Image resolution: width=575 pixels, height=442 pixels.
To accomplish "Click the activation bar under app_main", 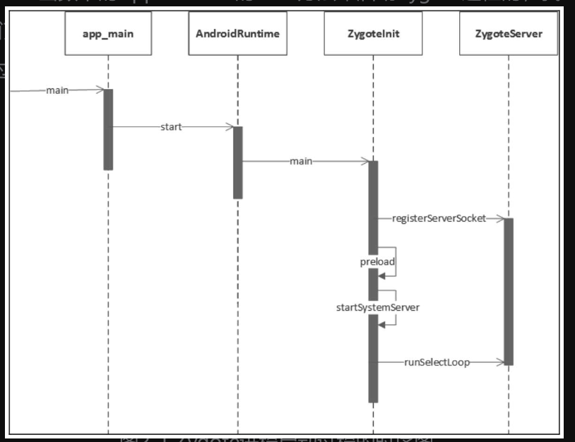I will [x=108, y=129].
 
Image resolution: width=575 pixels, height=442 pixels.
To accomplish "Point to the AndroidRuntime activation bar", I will [x=238, y=162].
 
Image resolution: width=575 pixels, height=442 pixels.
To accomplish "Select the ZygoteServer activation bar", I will [x=509, y=291].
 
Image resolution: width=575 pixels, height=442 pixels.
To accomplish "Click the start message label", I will [x=171, y=127].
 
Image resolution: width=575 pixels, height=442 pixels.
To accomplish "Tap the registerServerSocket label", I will [x=439, y=219].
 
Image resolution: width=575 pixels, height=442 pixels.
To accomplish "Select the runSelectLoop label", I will [x=437, y=362].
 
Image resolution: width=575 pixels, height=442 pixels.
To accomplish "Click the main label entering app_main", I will [x=58, y=90].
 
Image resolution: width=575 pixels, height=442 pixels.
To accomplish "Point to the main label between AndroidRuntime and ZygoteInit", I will [x=301, y=162].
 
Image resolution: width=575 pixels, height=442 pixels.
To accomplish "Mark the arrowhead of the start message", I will [x=230, y=127].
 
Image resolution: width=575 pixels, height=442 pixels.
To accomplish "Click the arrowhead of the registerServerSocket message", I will [x=500, y=219].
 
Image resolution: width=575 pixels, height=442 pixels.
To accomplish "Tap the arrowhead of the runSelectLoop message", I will [x=501, y=362].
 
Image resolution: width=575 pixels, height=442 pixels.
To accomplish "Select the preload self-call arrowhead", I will [x=382, y=277].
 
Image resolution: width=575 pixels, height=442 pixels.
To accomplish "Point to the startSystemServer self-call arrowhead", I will [x=382, y=324].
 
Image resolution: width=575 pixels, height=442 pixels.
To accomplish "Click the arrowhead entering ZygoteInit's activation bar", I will [x=364, y=162].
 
